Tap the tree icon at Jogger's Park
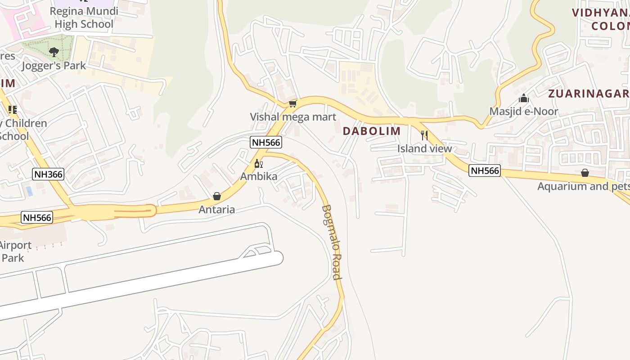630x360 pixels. point(54,52)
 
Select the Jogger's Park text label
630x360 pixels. point(54,66)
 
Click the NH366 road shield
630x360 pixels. point(48,174)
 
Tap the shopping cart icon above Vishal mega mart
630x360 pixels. point(293,104)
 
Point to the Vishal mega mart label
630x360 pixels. point(293,117)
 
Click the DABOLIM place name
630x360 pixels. point(372,131)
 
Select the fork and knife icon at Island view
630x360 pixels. point(424,135)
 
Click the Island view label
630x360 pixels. point(424,148)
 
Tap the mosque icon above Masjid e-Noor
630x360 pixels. point(524,98)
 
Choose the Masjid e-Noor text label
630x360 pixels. point(524,111)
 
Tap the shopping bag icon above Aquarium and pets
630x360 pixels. point(585,173)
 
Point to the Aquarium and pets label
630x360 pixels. point(583,186)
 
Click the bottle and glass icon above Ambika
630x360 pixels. point(258,163)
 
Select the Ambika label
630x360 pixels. point(259,176)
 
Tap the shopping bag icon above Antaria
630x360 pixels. point(217,196)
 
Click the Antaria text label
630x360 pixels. point(217,209)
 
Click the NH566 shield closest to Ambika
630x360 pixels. point(266,143)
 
